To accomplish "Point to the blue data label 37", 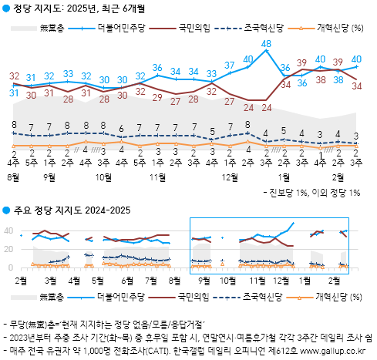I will (231, 65).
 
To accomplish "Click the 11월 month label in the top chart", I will (157, 177).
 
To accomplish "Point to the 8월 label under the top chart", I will (14, 177).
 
